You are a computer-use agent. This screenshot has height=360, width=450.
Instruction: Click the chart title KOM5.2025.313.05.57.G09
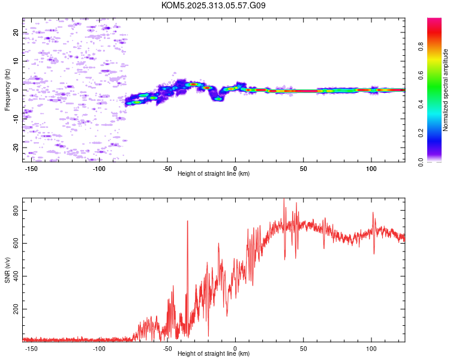(214, 5)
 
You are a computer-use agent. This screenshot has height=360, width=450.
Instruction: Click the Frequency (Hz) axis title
(7, 90)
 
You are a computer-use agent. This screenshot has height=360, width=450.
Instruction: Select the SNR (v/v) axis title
(7, 269)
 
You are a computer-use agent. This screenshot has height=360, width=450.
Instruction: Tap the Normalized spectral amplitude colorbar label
(445, 90)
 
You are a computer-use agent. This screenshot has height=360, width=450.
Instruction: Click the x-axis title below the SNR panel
(214, 354)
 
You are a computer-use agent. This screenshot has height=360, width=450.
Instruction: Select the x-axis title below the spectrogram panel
(214, 174)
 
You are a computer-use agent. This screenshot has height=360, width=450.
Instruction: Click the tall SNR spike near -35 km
(188, 221)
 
